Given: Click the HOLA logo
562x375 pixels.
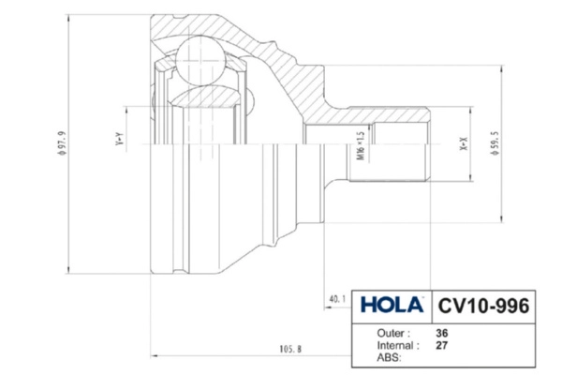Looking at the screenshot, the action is (392, 305).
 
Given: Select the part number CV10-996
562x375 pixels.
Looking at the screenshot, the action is (483, 306).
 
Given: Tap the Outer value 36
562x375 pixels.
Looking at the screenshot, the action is (442, 333).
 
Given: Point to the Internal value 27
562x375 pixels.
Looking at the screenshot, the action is (442, 345).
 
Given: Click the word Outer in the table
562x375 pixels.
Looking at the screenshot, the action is (391, 333).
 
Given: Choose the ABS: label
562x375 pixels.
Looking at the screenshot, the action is (390, 357).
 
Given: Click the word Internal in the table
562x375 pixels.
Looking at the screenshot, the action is (395, 345).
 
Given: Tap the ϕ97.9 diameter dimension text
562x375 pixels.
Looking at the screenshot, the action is (62, 143).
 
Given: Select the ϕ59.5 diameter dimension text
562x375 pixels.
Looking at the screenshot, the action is (495, 143).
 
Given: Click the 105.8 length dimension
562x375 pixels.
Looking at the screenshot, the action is (290, 349).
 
